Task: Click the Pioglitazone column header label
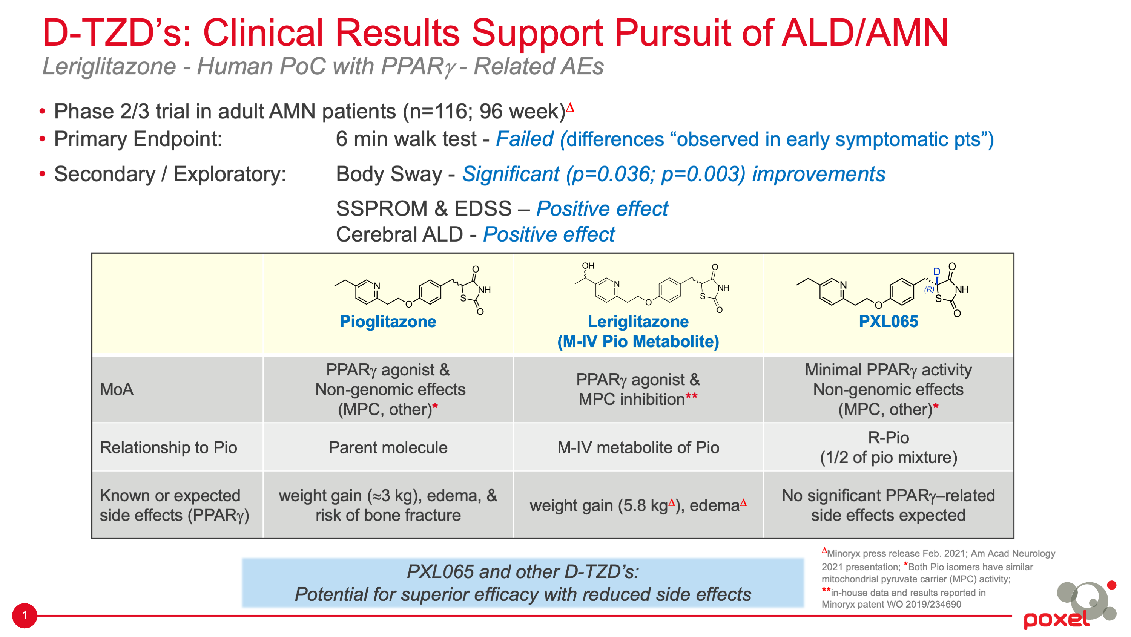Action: click(388, 322)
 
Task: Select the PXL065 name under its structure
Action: click(888, 322)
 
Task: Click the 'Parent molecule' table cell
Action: click(388, 447)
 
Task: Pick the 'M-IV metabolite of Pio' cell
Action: click(638, 447)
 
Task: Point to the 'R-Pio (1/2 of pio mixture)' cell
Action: click(888, 447)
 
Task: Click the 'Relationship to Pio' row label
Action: click(168, 447)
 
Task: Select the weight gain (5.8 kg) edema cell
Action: click(638, 505)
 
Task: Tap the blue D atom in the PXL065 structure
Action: click(936, 271)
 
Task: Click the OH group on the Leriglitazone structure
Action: click(588, 265)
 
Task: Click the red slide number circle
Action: click(25, 616)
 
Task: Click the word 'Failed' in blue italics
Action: click(525, 139)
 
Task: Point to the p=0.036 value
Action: click(612, 174)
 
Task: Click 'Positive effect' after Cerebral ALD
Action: click(549, 234)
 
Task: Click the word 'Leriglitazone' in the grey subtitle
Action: click(109, 67)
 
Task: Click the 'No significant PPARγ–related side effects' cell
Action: click(888, 505)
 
